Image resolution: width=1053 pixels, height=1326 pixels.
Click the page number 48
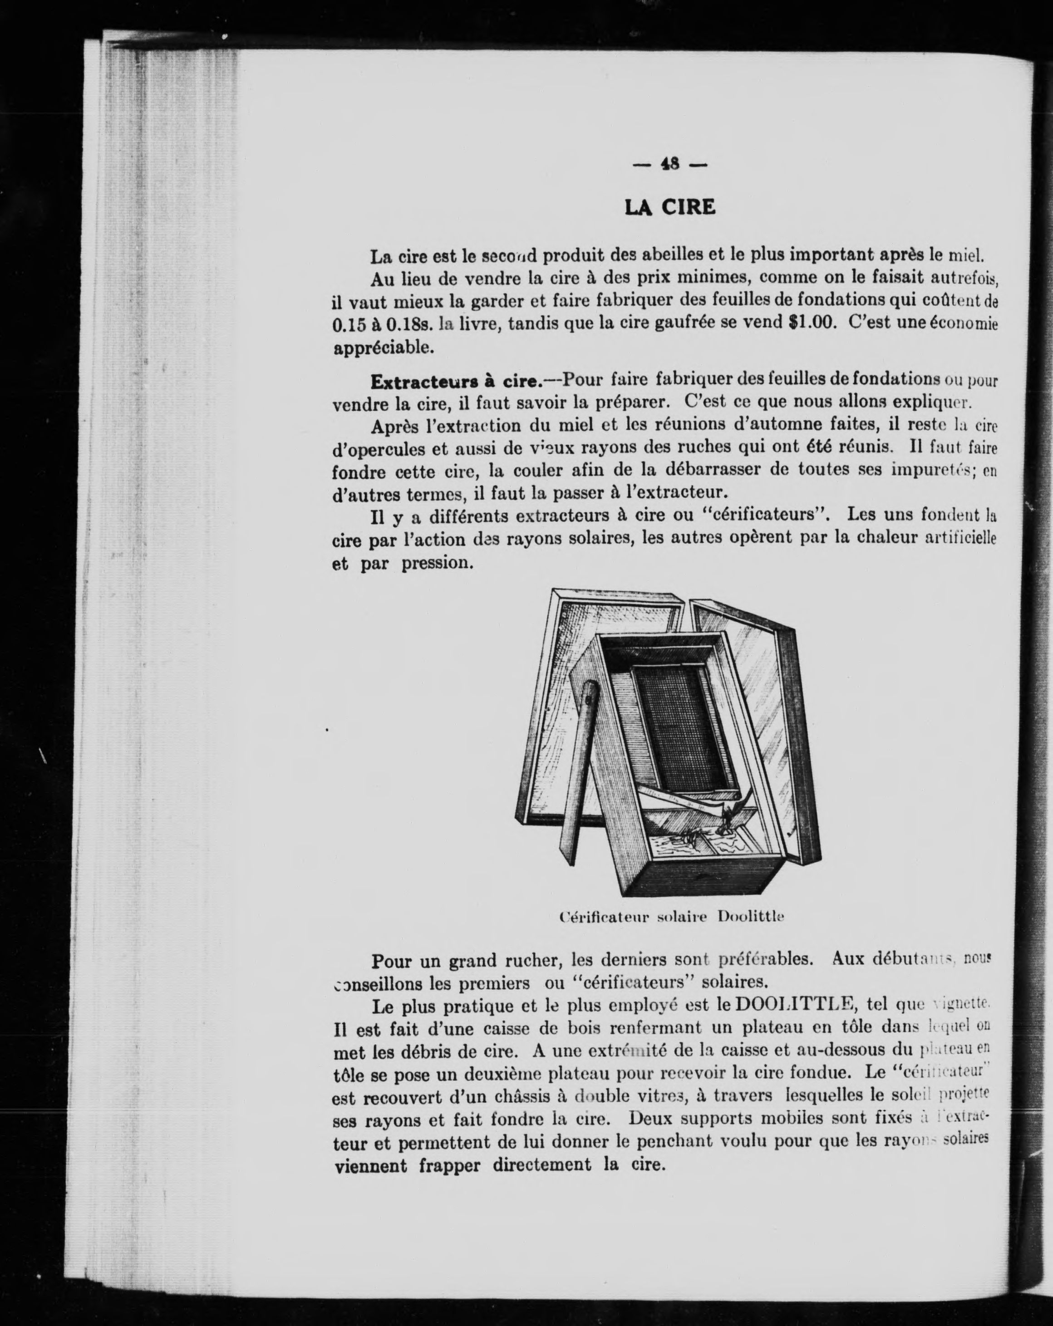(670, 164)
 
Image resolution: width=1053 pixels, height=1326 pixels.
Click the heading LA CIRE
(670, 207)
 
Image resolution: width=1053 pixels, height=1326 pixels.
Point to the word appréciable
(384, 348)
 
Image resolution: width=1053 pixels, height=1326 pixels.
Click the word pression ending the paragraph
(438, 563)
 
